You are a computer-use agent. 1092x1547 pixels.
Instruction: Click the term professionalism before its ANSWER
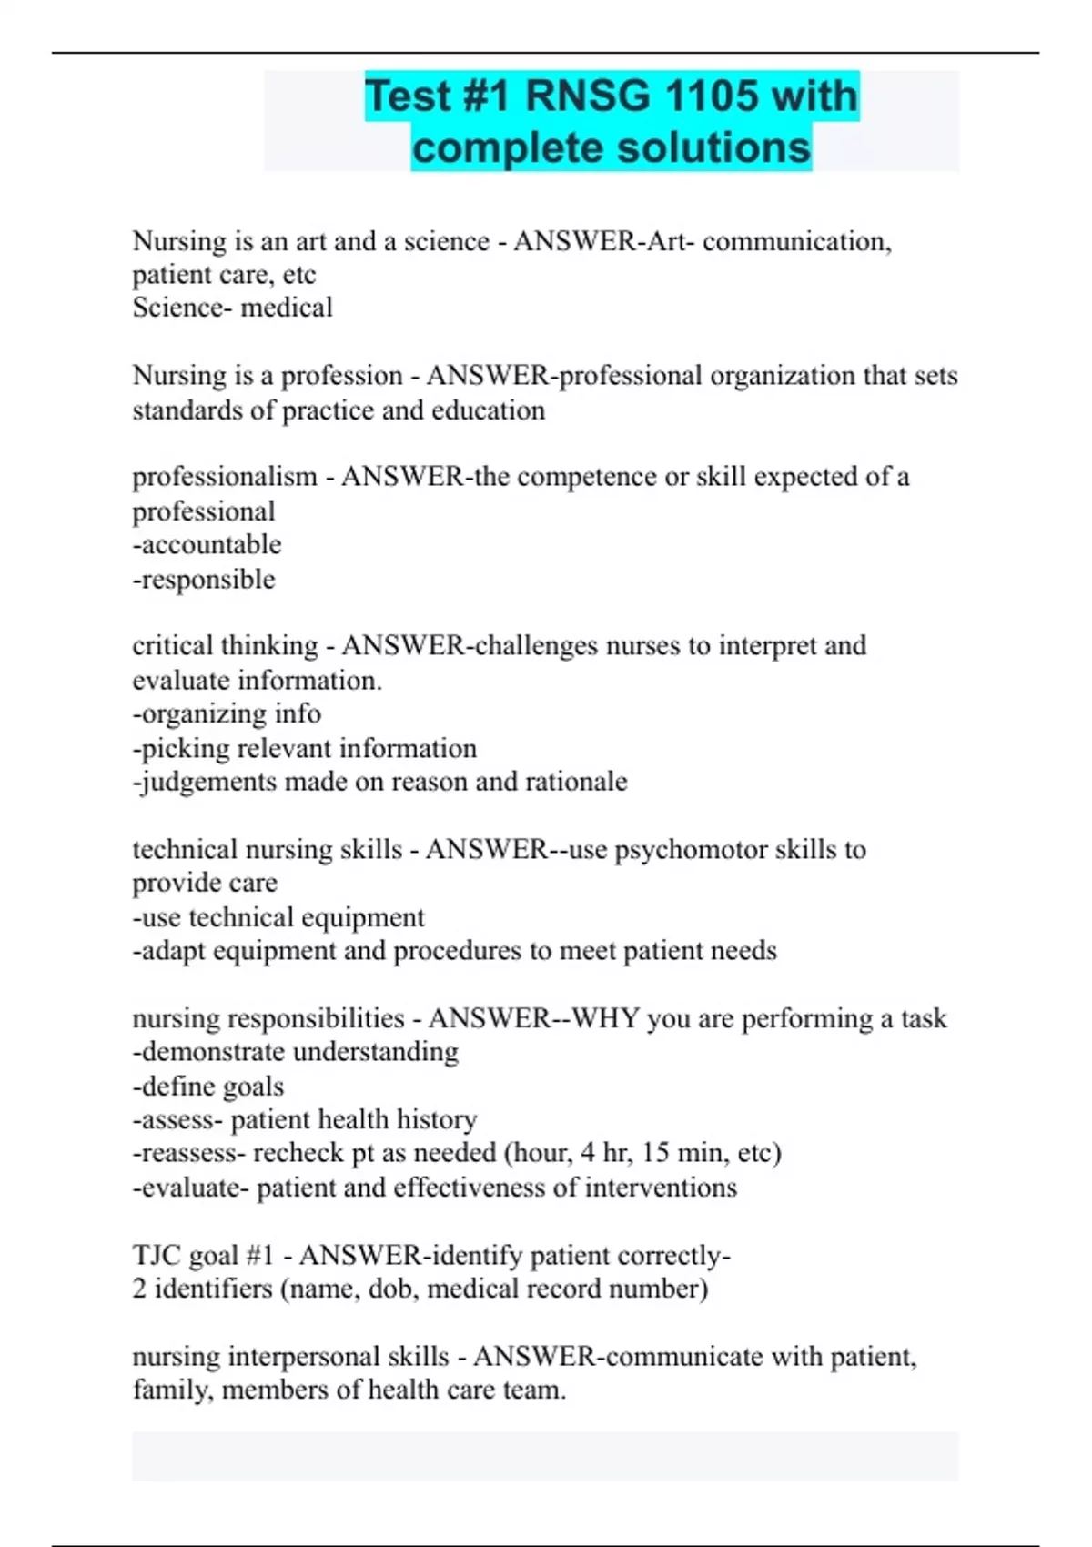(x=225, y=477)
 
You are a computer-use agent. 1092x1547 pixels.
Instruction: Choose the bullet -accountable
(x=207, y=545)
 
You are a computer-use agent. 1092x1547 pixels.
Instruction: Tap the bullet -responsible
(x=204, y=580)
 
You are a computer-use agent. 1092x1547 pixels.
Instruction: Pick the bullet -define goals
(x=208, y=1087)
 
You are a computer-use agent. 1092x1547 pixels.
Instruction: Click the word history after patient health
(x=435, y=1119)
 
